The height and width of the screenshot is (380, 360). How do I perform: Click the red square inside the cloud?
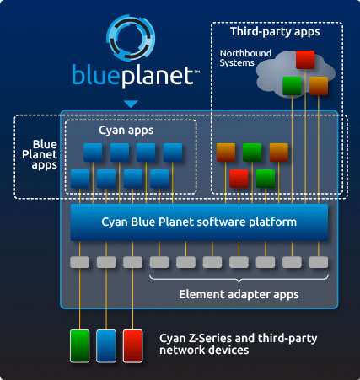click(305, 60)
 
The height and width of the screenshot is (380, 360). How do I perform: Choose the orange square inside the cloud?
click(318, 86)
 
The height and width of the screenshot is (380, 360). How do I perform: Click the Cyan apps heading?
click(128, 132)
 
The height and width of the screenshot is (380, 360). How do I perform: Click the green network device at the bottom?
click(80, 345)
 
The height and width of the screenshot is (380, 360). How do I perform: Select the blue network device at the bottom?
click(107, 345)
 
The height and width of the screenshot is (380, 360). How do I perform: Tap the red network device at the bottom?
click(133, 345)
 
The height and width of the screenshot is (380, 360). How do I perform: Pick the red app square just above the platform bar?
click(239, 179)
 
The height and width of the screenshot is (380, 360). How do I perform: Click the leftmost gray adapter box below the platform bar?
click(79, 262)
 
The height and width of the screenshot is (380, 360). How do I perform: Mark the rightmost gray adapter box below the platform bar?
click(318, 262)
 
